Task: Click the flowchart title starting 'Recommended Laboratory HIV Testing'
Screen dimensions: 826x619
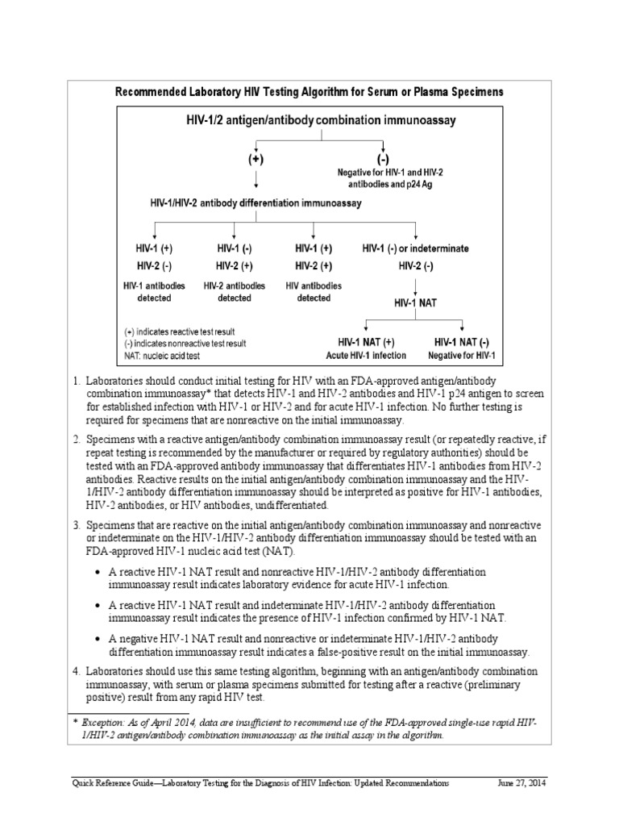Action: [x=310, y=92]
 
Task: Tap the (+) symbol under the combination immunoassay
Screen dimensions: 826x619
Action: [x=255, y=160]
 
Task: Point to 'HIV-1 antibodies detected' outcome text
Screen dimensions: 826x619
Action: [x=154, y=292]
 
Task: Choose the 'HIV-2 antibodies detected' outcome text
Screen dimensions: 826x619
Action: [x=235, y=292]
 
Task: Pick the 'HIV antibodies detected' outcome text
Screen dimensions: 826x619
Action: [x=314, y=292]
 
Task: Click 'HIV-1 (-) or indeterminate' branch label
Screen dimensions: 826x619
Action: [x=415, y=248]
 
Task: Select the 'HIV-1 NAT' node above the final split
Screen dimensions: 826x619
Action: [x=415, y=304]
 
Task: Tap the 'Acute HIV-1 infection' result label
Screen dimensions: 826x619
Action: [x=366, y=356]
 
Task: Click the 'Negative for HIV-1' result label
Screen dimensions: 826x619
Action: [x=462, y=356]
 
